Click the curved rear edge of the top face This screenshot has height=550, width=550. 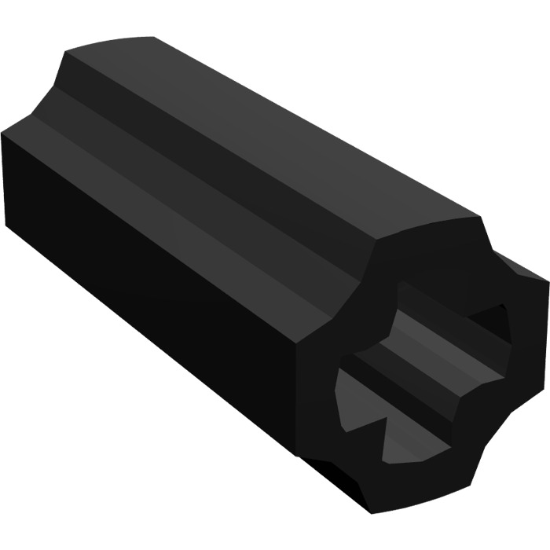[x=118, y=43]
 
